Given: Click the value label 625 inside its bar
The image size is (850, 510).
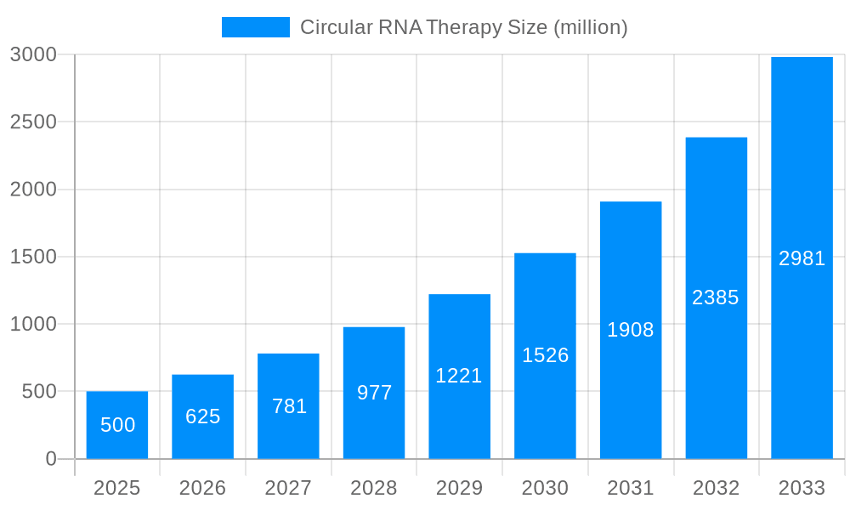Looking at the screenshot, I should (x=203, y=416).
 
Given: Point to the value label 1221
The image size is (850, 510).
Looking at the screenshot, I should (x=459, y=376).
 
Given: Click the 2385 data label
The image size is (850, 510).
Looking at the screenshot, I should (x=716, y=297).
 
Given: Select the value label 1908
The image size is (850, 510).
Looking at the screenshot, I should (x=630, y=330).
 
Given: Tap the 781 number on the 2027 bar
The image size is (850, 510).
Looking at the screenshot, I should (x=289, y=406).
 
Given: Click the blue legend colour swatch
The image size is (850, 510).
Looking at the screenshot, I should (x=255, y=27).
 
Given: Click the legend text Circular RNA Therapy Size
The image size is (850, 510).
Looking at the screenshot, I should (x=463, y=27).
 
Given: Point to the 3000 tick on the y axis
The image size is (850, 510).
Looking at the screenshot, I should (x=33, y=54).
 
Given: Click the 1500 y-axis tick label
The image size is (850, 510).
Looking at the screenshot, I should (x=33, y=257).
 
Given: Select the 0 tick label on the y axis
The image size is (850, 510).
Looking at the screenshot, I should (x=51, y=459).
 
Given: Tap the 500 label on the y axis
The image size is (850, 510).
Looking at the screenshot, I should (x=39, y=392).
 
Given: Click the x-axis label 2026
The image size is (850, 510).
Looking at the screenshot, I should (x=203, y=488).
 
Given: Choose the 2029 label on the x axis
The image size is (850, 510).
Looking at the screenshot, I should (x=459, y=488).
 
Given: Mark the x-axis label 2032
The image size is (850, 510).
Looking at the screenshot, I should (x=716, y=488).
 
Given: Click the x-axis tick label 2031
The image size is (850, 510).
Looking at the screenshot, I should (x=630, y=488).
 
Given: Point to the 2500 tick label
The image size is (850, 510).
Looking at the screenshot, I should (x=33, y=122).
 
